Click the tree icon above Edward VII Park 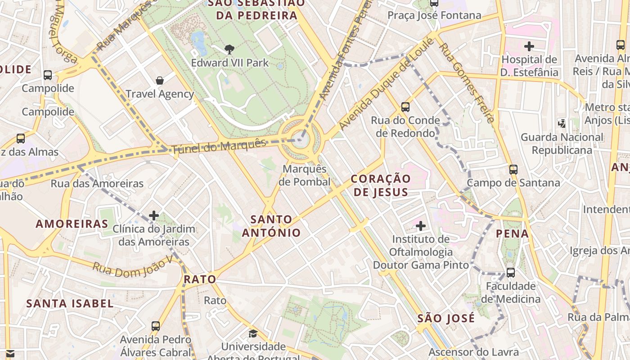[x=229, y=49]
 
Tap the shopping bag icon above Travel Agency [x=160, y=81]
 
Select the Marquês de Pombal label [x=305, y=175]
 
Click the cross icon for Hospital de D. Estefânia [x=529, y=46]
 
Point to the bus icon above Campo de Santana [x=513, y=170]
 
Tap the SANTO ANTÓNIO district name [x=271, y=226]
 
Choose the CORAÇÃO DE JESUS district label [x=381, y=185]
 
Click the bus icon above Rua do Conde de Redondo [x=405, y=107]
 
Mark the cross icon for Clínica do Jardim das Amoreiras [x=154, y=216]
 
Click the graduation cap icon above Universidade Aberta [x=253, y=333]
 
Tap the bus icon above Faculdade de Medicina [x=511, y=273]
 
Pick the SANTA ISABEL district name [x=70, y=303]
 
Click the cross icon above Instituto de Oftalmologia [x=421, y=225]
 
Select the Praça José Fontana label [x=435, y=15]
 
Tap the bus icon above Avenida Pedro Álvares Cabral [x=156, y=326]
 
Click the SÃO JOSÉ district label [x=446, y=318]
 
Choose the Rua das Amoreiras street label [x=97, y=183]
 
